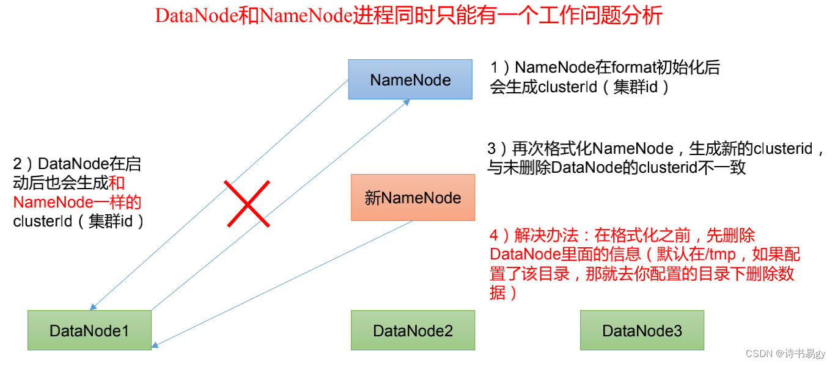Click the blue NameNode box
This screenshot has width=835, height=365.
(410, 79)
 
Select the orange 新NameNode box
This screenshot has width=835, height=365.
(413, 197)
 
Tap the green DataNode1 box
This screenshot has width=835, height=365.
(89, 330)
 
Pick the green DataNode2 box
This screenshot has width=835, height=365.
(413, 330)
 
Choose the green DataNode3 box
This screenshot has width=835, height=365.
(642, 330)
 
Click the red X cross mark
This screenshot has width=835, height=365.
(247, 204)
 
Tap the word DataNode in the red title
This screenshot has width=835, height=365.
(193, 15)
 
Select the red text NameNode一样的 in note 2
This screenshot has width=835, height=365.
(77, 201)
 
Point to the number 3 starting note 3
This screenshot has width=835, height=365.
(492, 148)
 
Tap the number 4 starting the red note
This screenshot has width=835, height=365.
(495, 235)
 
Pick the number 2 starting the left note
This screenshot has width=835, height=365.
(17, 164)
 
